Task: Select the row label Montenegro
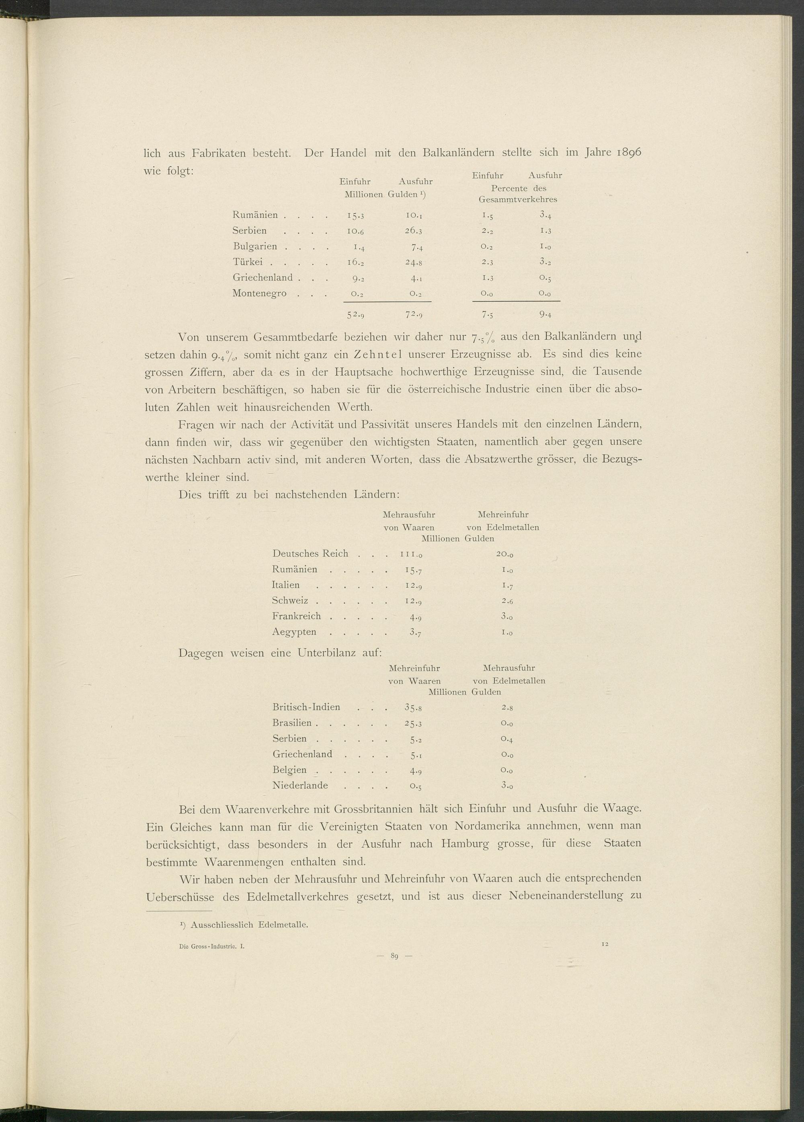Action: pos(259,293)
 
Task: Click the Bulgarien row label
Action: pos(255,246)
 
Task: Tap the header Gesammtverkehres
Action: pos(517,200)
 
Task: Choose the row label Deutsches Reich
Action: pos(310,554)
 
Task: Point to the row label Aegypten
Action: pos(294,632)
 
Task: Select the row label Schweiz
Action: pos(290,601)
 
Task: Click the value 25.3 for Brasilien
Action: pos(412,723)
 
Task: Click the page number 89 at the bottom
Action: pos(394,956)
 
